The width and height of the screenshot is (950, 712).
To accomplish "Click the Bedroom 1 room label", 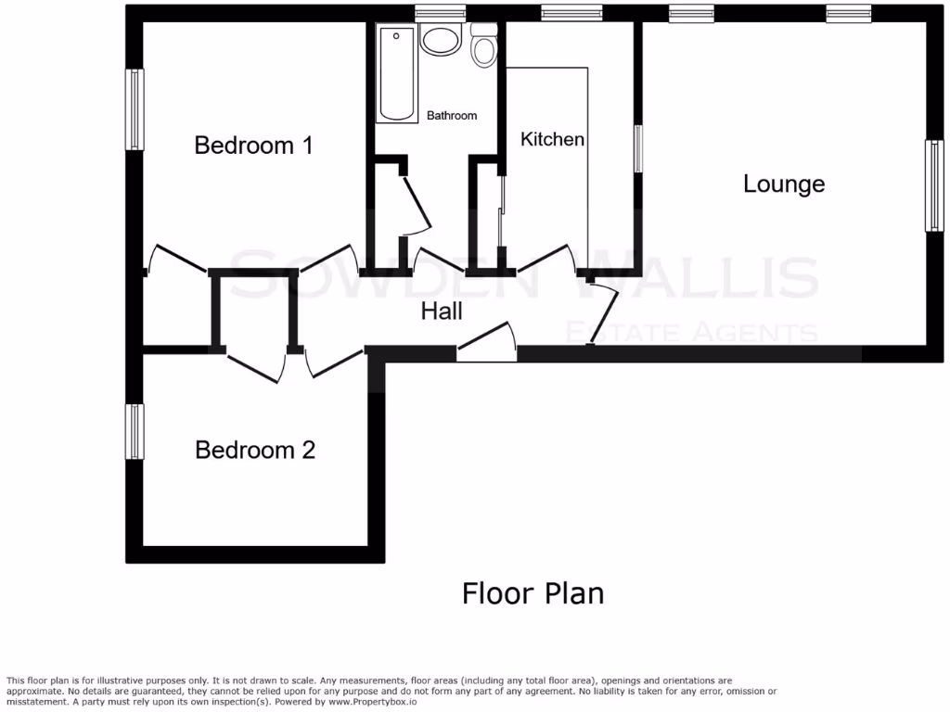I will (x=253, y=146).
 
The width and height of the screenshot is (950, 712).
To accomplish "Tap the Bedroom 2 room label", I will (x=255, y=450).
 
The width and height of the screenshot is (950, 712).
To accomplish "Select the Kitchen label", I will (x=553, y=139).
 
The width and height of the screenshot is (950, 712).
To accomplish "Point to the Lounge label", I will (x=784, y=184).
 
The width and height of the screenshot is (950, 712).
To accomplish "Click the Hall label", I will (x=442, y=311).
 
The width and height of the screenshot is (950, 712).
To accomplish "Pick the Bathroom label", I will (x=452, y=116).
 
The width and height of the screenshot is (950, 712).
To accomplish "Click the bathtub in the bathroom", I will (x=397, y=74).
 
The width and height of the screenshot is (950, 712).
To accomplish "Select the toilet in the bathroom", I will (x=483, y=47).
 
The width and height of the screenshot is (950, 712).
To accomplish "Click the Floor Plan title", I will (x=533, y=592).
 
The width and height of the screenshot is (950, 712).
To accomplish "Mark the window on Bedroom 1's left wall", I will (x=136, y=109).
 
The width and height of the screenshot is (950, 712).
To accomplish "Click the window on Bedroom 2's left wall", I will (x=136, y=431).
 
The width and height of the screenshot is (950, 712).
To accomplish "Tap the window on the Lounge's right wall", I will (x=933, y=185).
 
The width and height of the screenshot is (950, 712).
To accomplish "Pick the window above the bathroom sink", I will (x=440, y=13).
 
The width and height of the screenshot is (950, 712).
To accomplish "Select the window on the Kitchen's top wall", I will (x=571, y=13).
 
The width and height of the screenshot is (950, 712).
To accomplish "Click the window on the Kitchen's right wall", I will (x=638, y=148).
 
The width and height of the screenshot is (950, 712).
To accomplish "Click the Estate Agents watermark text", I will (x=691, y=332).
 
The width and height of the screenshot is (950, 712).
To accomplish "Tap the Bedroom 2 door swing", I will (x=334, y=362).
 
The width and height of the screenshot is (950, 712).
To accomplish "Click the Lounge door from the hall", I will (x=603, y=311).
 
